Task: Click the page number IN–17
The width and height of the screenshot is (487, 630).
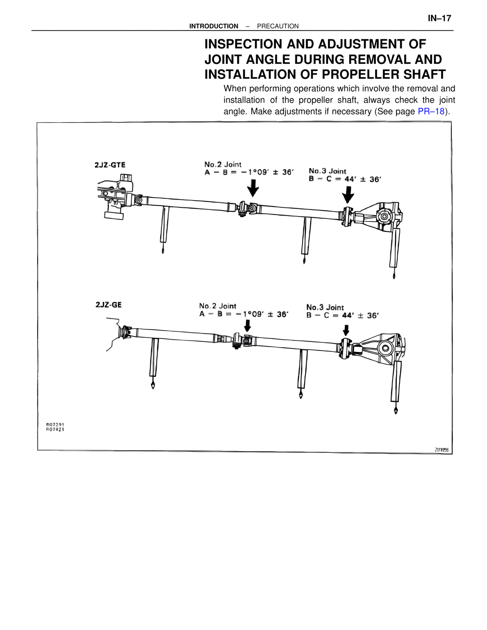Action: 439,18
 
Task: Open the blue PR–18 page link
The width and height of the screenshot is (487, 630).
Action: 431,111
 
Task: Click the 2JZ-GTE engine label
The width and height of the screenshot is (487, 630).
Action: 110,165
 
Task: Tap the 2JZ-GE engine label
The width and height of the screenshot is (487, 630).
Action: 108,305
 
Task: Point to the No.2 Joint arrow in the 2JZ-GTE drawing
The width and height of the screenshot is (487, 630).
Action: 253,188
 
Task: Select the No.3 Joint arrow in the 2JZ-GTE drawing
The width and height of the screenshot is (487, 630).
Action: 348,196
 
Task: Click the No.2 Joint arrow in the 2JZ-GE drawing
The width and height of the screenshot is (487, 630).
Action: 247,326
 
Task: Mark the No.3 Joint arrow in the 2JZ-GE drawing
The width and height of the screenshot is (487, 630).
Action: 346,330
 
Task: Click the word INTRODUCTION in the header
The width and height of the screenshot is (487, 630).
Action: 213,26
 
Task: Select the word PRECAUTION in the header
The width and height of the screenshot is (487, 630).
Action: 278,26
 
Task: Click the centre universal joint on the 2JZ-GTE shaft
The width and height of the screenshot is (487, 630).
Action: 247,208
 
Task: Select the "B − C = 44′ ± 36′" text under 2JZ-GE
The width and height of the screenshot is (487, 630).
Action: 342,315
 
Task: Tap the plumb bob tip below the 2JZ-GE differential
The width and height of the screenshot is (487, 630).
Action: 396,411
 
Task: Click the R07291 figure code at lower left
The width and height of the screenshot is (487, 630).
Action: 55,424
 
